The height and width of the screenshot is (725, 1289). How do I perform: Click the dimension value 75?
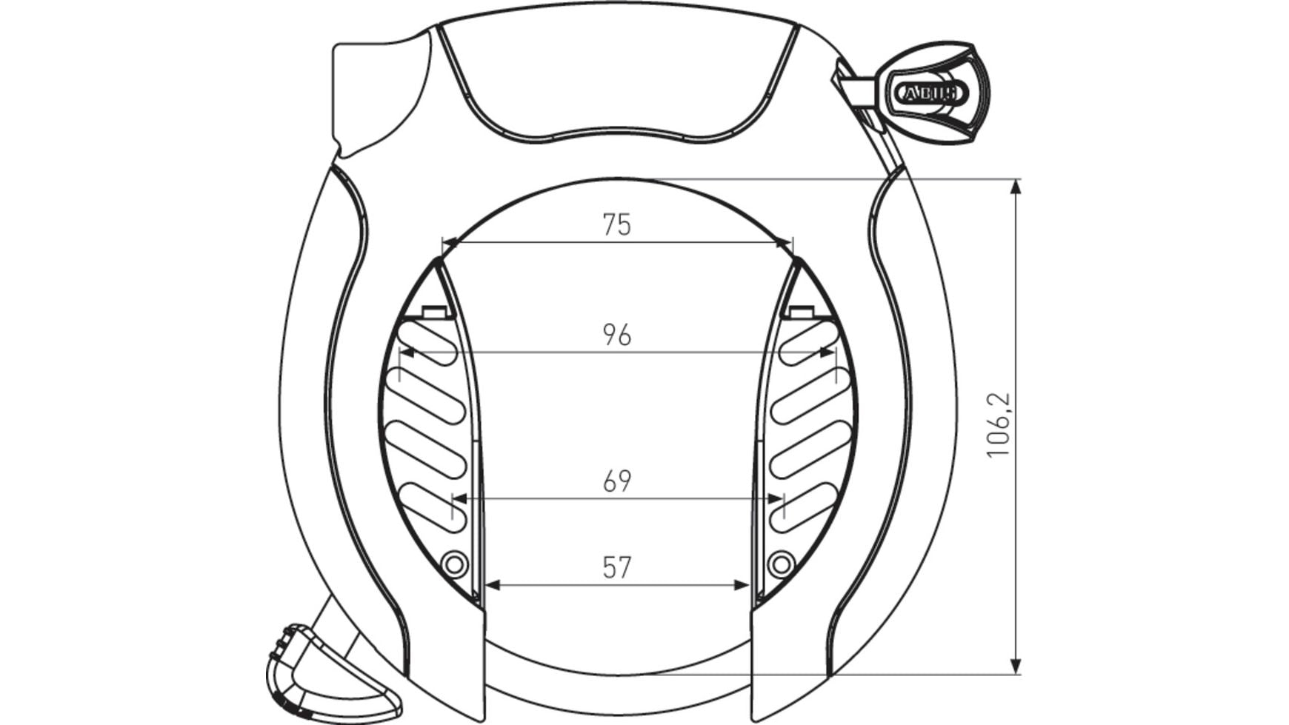pyautogui.click(x=616, y=224)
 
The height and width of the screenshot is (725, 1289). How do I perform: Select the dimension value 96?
pyautogui.click(x=616, y=335)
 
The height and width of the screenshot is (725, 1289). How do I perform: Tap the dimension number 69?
pyautogui.click(x=616, y=481)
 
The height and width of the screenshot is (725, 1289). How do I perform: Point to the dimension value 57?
pyautogui.click(x=616, y=568)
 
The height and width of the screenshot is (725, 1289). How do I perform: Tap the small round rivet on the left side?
pyautogui.click(x=455, y=565)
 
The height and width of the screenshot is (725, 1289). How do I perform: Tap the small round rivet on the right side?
pyautogui.click(x=779, y=565)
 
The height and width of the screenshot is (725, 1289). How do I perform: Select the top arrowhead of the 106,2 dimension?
pyautogui.click(x=1016, y=187)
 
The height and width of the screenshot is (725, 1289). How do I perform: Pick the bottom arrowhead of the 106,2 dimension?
pyautogui.click(x=1016, y=666)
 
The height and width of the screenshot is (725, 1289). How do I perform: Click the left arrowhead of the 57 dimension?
pyautogui.click(x=492, y=585)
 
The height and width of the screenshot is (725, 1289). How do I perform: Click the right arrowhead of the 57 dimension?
pyautogui.click(x=742, y=585)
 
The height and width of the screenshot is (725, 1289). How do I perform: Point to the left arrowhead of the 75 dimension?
pyautogui.click(x=450, y=241)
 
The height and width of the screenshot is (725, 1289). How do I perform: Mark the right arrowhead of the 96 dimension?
pyautogui.click(x=828, y=352)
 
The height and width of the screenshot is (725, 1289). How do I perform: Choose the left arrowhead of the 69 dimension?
pyautogui.click(x=459, y=498)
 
